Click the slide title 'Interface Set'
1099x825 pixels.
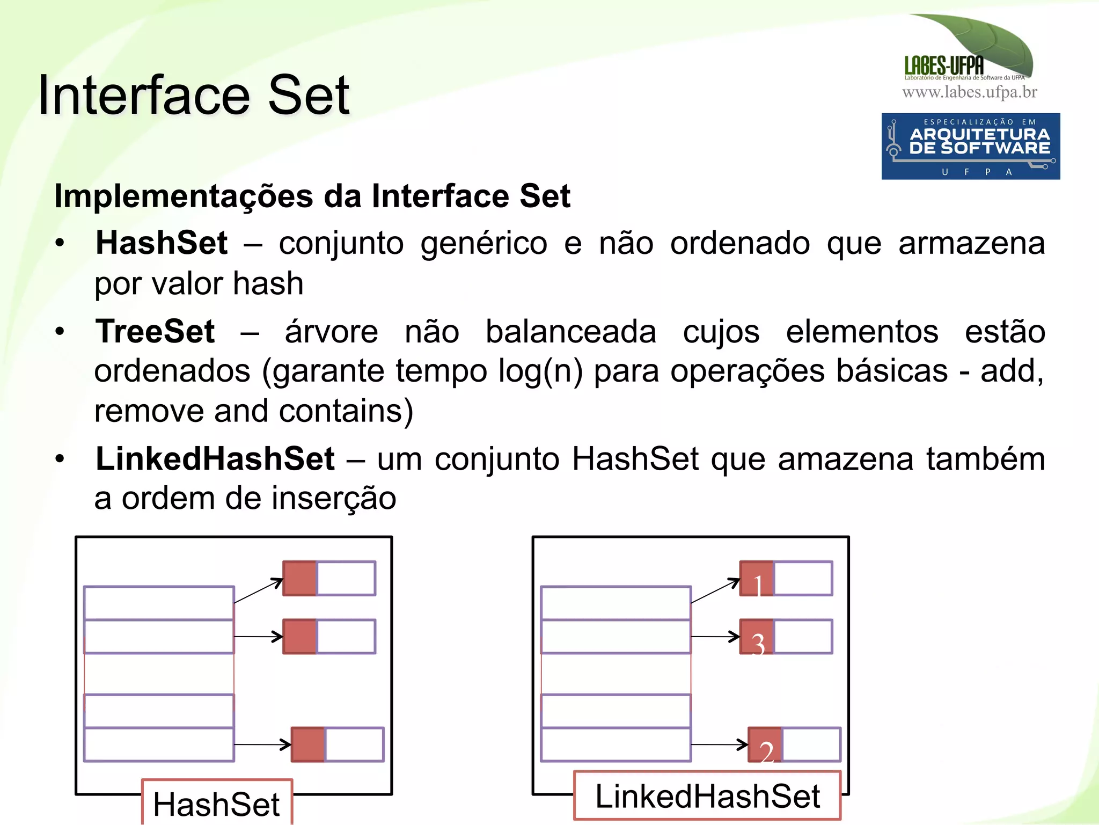tap(194, 96)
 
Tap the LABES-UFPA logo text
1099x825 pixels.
tap(944, 66)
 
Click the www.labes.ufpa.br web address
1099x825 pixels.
tap(970, 92)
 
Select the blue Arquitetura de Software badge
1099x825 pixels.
tap(970, 146)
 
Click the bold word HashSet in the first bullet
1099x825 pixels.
tap(162, 243)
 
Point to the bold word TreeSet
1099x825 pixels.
tap(155, 331)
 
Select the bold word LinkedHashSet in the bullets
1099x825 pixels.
tap(215, 459)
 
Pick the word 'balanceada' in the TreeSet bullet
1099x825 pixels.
tap(571, 332)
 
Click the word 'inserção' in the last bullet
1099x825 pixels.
tap(334, 499)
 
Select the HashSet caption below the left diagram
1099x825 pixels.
tap(216, 804)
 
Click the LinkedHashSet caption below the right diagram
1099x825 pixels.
tap(707, 795)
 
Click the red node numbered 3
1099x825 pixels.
tap(757, 637)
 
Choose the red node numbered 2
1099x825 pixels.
tap(765, 745)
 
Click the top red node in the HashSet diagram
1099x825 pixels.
tap(300, 579)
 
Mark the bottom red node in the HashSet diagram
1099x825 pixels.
tap(308, 744)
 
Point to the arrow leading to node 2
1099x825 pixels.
tap(719, 744)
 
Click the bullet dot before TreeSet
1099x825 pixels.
tap(60, 331)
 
